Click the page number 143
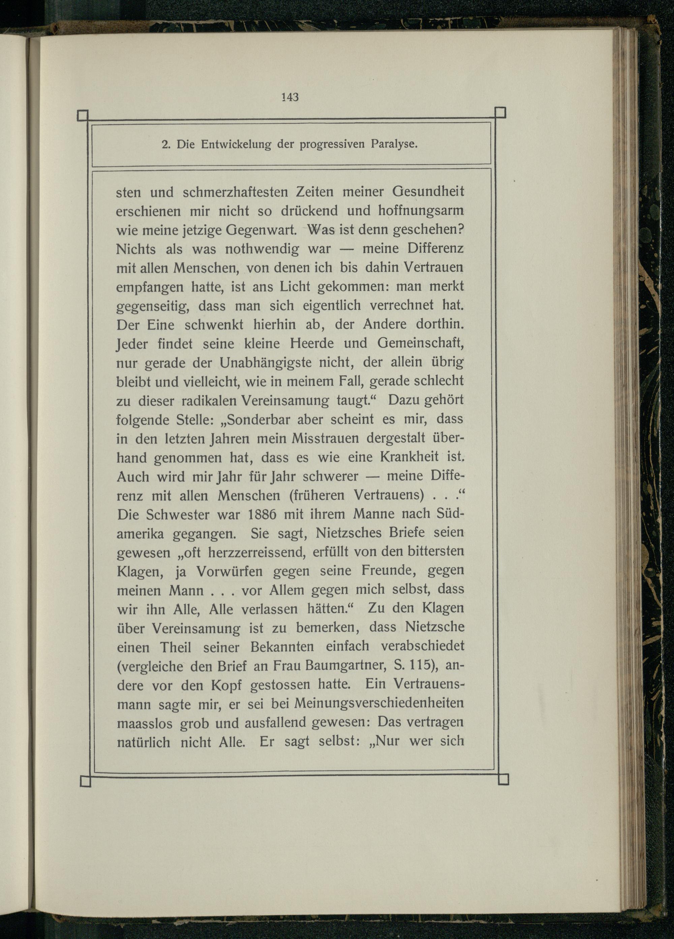(290, 97)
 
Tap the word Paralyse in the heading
(394, 144)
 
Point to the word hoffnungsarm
(421, 211)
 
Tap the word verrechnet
(402, 306)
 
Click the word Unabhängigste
(265, 363)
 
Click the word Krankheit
(409, 457)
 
